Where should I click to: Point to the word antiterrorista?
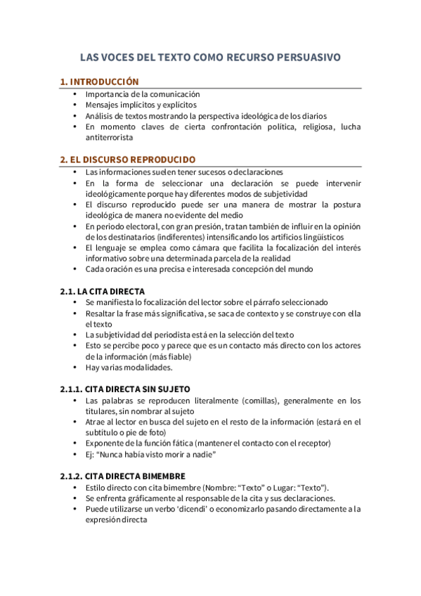coord(109,138)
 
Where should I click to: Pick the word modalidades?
coord(140,368)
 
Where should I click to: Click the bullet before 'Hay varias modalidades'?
coord(75,368)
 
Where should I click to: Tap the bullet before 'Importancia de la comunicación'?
coord(75,93)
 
